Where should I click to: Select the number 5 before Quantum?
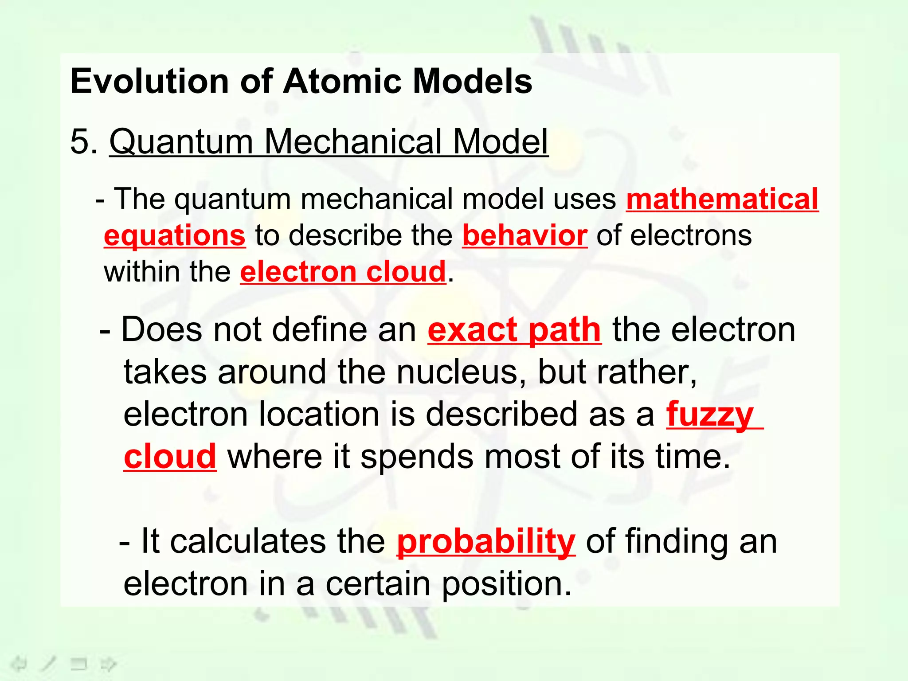coord(80,141)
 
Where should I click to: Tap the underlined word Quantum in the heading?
coord(181,141)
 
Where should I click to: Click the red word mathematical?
coord(722,199)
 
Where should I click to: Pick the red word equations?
coord(174,235)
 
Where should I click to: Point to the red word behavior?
coord(524,235)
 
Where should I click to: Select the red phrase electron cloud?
coord(343,271)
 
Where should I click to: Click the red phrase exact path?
coord(514,330)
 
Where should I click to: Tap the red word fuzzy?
coord(709,414)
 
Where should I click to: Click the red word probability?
coord(486,541)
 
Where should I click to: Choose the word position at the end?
coord(507,584)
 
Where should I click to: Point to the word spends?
coord(417,457)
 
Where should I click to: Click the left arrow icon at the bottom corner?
coord(19,664)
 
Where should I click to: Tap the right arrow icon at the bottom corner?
coord(108,664)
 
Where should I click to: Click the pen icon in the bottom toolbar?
coord(48,664)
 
